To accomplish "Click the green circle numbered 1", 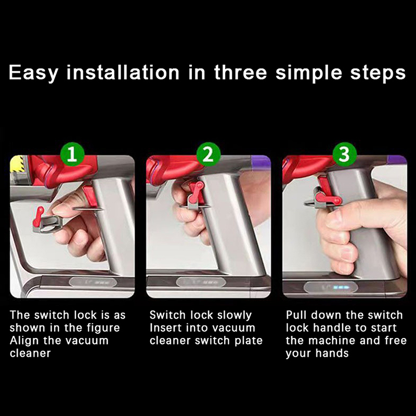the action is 72,154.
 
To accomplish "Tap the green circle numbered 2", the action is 209,154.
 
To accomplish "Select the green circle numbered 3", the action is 344,154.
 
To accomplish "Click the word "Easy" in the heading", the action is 33,73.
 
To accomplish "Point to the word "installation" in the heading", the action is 123,72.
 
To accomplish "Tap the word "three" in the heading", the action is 240,72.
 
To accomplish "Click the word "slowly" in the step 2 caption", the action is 235,316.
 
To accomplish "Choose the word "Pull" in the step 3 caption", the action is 296,315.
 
